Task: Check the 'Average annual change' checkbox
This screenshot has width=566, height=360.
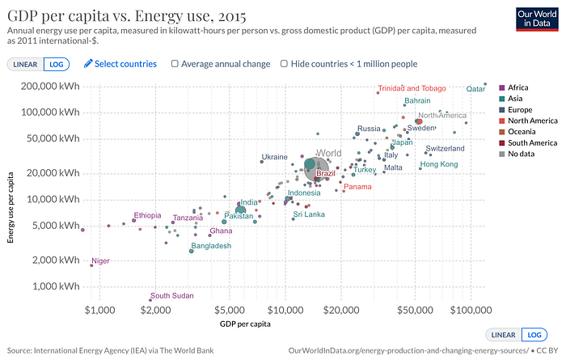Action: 175,63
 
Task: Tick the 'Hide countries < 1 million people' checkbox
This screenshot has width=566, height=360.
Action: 284,63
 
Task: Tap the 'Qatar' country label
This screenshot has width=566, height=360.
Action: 476,89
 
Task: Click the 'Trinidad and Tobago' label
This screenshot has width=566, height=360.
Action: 412,88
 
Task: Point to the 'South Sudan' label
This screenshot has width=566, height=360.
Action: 171,296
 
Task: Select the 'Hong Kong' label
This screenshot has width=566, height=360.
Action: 439,164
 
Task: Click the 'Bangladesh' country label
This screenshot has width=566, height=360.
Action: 211,245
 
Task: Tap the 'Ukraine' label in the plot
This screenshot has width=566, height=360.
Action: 274,157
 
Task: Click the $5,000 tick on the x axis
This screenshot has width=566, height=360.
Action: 230,310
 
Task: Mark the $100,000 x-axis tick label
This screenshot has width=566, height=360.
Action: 471,310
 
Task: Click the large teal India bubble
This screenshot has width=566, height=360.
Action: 240,210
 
